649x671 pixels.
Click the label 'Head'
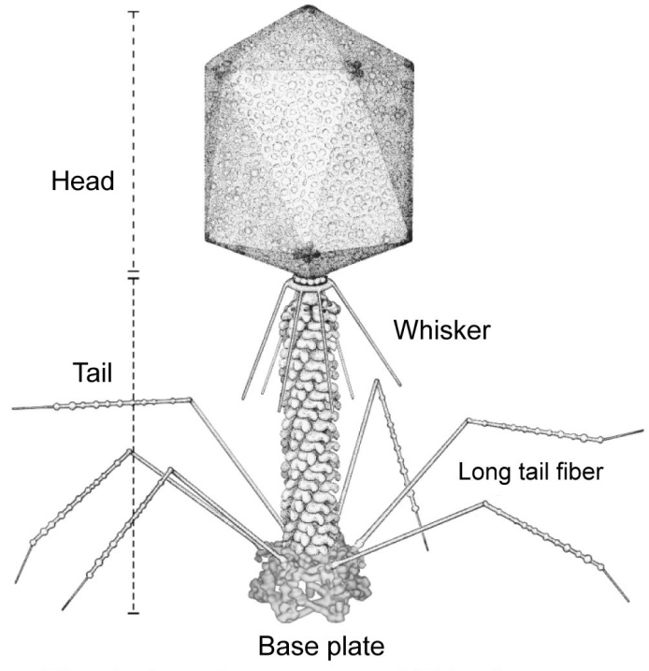tap(82, 181)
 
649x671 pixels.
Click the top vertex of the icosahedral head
tap(305, 8)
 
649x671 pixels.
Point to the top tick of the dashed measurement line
tap(133, 12)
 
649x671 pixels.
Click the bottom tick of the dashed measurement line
tap(133, 613)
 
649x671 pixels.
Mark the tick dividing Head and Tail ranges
tap(133, 274)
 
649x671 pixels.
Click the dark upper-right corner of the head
tap(356, 67)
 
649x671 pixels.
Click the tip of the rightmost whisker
tap(400, 385)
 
